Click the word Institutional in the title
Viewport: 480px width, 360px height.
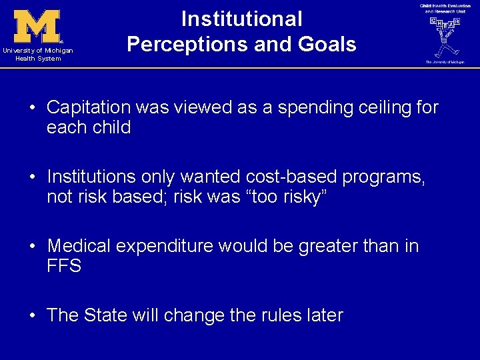pyautogui.click(x=241, y=19)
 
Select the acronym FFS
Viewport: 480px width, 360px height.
pyautogui.click(x=64, y=266)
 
